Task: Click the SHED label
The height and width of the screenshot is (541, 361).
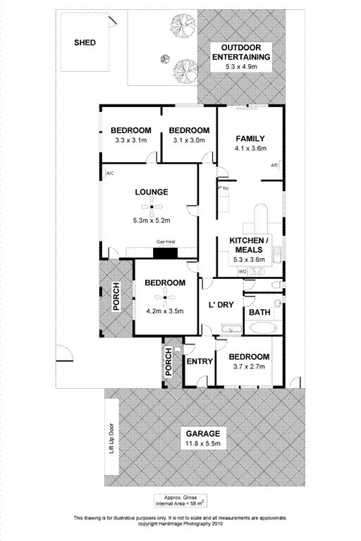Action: [x=85, y=43]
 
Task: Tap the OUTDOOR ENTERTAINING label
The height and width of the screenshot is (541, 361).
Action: [x=241, y=52]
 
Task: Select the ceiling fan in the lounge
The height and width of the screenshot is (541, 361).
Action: [x=152, y=207]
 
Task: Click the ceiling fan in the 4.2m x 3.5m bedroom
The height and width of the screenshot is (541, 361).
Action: [x=165, y=297]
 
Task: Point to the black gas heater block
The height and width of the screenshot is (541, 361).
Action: [x=165, y=253]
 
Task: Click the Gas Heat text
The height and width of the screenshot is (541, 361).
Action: [x=166, y=242]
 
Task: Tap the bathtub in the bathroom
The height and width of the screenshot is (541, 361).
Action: [x=263, y=328]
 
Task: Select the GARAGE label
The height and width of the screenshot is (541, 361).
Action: [x=203, y=434]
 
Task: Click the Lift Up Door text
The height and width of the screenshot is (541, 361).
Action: [x=111, y=438]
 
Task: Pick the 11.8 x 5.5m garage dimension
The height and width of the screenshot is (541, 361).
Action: [x=203, y=443]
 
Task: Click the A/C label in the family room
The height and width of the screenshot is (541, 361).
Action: [x=275, y=166]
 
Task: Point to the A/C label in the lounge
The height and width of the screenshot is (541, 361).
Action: [x=110, y=173]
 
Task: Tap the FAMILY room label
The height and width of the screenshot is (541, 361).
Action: [x=250, y=139]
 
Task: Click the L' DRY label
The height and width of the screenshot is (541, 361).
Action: [x=221, y=305]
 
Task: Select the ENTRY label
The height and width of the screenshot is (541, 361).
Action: [x=200, y=361]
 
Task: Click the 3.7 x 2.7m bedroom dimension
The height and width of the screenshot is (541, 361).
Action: [x=249, y=366]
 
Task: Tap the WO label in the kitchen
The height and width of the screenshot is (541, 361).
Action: [x=243, y=272]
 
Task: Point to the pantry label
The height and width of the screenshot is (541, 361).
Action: [x=224, y=188]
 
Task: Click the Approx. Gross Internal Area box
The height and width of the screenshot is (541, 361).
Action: [x=180, y=501]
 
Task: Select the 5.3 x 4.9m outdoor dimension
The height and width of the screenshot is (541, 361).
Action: [x=241, y=67]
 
